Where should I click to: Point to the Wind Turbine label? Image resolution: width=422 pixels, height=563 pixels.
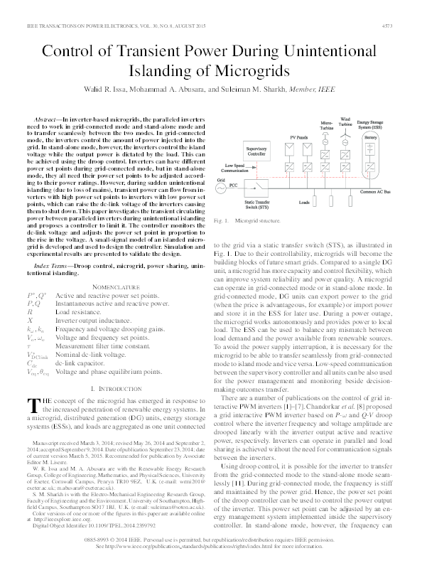[x=346, y=122]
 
